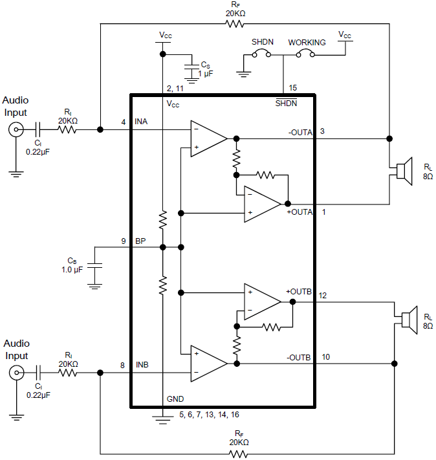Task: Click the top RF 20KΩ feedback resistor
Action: click(235, 24)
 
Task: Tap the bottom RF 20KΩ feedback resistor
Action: click(239, 454)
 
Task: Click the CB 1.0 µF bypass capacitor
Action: click(95, 266)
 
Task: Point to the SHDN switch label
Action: click(263, 42)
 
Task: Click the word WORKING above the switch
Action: click(307, 42)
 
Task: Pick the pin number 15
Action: click(293, 87)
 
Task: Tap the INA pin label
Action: click(142, 122)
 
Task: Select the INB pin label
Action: click(142, 365)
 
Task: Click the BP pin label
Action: click(140, 241)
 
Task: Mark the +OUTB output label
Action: click(299, 292)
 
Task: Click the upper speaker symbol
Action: click(403, 171)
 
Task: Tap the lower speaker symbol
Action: click(408, 320)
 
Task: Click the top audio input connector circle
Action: click(15, 129)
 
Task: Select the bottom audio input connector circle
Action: click(15, 373)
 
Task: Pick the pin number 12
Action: click(323, 295)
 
